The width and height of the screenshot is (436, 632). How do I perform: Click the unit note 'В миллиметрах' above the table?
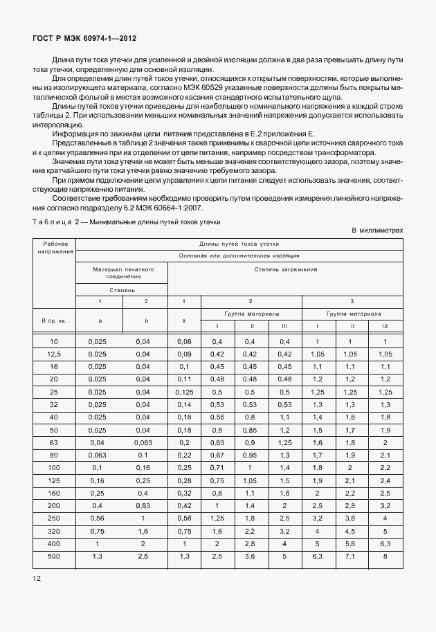click(376, 230)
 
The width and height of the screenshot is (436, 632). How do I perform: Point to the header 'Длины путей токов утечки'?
click(239, 244)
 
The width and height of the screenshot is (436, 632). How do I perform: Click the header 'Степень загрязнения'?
click(285, 269)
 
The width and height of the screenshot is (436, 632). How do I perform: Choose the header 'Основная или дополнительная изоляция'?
click(239, 255)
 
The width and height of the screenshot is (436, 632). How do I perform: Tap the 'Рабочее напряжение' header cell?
click(55, 248)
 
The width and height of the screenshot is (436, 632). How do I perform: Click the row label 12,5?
click(55, 354)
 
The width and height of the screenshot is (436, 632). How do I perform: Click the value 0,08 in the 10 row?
click(184, 342)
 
